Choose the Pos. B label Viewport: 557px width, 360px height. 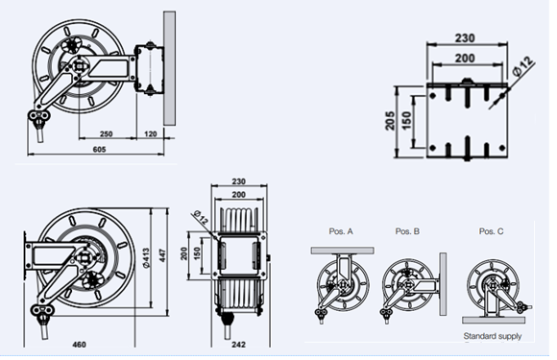(408, 231)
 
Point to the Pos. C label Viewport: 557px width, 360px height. (491, 231)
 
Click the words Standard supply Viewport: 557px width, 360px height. (492, 337)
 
